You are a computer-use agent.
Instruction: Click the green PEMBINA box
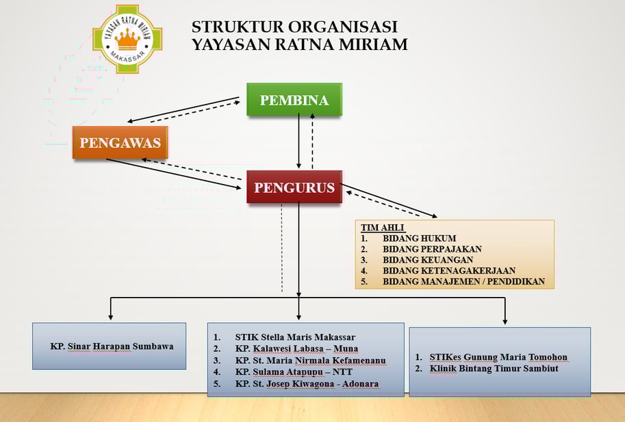click(294, 100)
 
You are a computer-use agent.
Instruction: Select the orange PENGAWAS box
click(120, 142)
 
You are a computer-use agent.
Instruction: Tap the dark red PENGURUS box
click(294, 187)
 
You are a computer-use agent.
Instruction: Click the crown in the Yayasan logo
click(127, 39)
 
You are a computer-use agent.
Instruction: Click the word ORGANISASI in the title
click(343, 27)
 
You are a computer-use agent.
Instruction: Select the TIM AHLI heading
click(383, 228)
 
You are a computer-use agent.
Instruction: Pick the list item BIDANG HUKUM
click(420, 239)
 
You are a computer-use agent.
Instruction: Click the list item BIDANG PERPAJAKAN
click(432, 249)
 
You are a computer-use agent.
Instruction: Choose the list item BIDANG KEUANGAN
click(428, 260)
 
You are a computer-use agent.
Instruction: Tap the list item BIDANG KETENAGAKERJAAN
click(449, 271)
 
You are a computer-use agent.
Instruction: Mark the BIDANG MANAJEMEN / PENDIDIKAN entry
click(463, 282)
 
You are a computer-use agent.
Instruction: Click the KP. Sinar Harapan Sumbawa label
click(112, 346)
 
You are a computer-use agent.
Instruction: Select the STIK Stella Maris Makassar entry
click(295, 337)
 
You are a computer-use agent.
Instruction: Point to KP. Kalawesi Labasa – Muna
click(296, 349)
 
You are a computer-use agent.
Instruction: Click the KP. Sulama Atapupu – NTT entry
click(294, 372)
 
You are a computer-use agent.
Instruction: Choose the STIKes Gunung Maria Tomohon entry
click(498, 357)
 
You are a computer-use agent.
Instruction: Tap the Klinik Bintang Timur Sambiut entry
click(494, 368)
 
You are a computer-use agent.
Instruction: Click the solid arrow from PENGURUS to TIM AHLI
click(389, 200)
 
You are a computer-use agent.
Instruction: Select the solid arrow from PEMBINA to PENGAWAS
click(183, 109)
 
